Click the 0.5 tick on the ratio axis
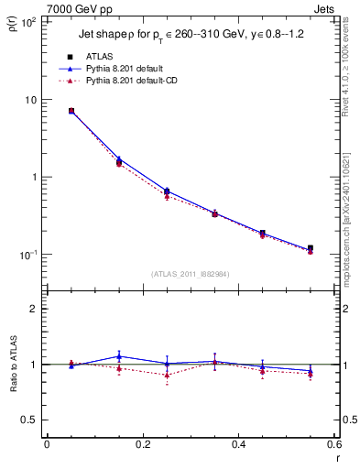click(x=32, y=420)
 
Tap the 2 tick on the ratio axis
click(x=36, y=309)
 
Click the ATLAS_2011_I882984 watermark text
click(x=191, y=274)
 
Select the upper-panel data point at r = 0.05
click(x=71, y=111)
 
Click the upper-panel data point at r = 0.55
click(x=311, y=248)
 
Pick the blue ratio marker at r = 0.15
click(x=119, y=356)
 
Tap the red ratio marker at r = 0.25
click(x=167, y=375)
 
